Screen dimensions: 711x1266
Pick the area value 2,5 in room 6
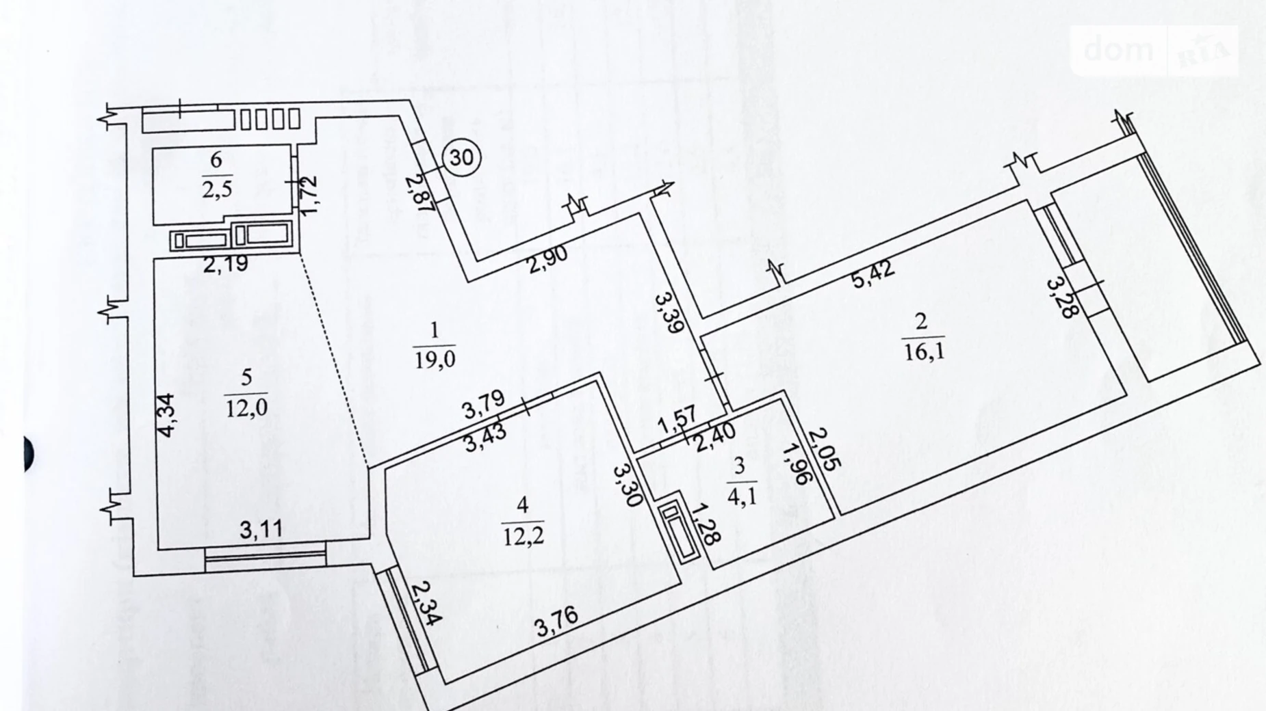(x=216, y=189)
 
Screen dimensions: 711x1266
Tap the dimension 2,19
(x=226, y=264)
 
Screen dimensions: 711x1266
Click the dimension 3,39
(x=668, y=312)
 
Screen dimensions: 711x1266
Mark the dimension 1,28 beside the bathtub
(x=705, y=524)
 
